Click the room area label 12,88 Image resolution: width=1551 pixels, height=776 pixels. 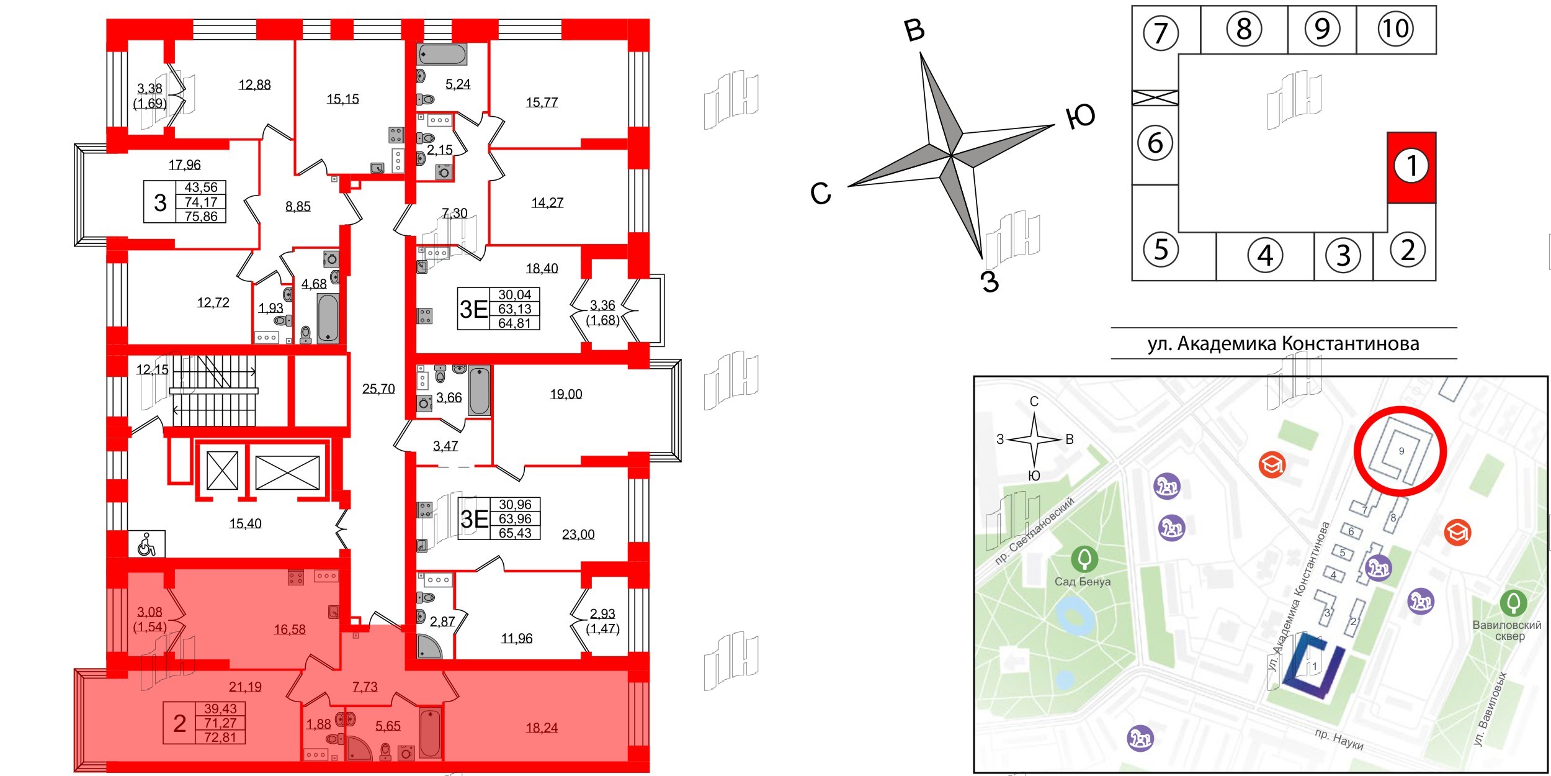[254, 84]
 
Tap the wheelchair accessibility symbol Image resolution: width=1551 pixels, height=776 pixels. [147, 544]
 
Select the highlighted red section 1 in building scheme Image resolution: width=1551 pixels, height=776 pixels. [1411, 166]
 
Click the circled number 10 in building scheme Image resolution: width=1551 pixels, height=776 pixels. [1396, 29]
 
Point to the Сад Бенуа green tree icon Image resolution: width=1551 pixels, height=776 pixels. [1084, 559]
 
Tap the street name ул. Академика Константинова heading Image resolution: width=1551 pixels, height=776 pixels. [1283, 343]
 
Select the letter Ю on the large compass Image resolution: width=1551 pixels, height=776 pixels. [1080, 117]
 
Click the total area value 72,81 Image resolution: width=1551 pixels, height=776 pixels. [220, 738]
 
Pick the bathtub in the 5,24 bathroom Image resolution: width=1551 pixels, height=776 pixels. [442, 55]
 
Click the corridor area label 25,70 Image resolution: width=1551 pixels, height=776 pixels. [378, 389]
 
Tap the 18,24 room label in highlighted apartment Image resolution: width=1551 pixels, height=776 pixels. [542, 728]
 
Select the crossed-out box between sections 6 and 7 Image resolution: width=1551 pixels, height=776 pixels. [1155, 97]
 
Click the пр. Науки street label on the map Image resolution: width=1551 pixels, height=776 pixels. [1339, 739]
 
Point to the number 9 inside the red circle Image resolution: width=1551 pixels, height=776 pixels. [1401, 451]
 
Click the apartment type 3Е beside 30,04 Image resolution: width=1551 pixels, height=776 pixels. [473, 309]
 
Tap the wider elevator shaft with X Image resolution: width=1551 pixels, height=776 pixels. [287, 472]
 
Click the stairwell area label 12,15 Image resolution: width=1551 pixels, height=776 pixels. [152, 369]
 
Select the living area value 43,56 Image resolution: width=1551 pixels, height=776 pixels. [201, 187]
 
